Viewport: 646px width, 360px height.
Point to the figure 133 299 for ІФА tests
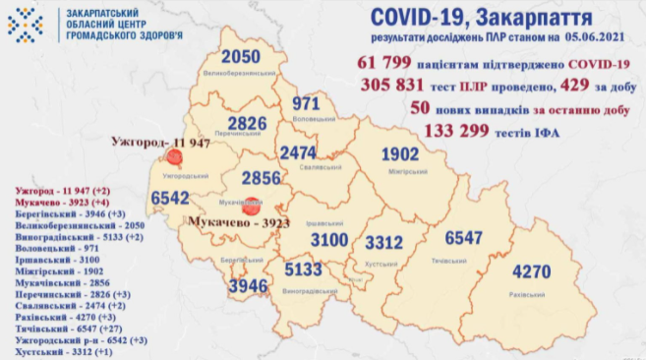click(x=461, y=130)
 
